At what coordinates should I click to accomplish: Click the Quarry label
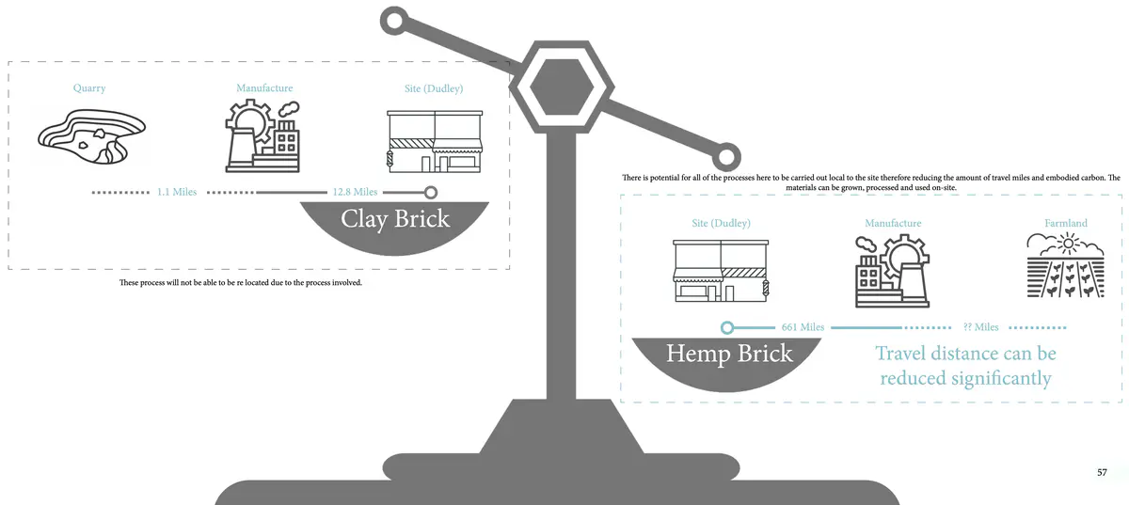89,88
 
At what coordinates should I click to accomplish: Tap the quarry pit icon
92,141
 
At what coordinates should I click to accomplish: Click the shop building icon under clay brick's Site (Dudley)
434,141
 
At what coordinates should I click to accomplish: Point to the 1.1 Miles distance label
177,192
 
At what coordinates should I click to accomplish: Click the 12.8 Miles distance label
355,192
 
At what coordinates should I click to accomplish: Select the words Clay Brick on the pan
395,220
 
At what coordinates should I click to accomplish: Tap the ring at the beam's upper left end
394,21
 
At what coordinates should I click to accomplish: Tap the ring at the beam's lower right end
726,156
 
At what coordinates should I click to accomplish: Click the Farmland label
1065,224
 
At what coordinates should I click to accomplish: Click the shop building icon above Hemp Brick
721,271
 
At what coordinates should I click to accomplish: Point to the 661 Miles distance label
803,327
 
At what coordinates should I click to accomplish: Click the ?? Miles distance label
980,327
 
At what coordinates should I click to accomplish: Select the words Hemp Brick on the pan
729,355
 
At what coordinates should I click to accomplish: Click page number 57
1103,472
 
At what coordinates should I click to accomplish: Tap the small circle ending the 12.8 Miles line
431,192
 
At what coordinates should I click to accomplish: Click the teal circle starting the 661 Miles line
726,327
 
